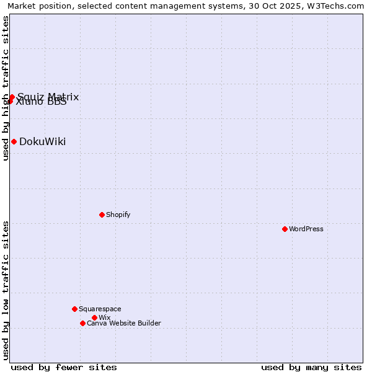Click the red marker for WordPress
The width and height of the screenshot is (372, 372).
(x=285, y=229)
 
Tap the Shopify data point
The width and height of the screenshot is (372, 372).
(x=102, y=215)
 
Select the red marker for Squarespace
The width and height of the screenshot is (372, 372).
(x=74, y=309)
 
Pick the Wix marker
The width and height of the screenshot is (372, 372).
(x=94, y=317)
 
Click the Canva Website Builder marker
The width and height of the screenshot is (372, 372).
(x=82, y=323)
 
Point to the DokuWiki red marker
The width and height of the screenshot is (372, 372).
(x=14, y=141)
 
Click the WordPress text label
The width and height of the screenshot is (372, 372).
(x=306, y=229)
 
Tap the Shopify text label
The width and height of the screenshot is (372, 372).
(x=118, y=215)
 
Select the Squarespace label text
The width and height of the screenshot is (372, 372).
(x=100, y=309)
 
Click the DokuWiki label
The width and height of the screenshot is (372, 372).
(x=42, y=141)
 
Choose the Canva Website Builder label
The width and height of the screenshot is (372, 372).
(x=124, y=323)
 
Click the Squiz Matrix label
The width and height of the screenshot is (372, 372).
(x=48, y=96)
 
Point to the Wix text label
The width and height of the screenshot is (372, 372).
(x=104, y=317)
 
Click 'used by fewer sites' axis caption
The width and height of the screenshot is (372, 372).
(x=64, y=367)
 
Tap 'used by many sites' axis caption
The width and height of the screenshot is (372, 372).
(x=311, y=367)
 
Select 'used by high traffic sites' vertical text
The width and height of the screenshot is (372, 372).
(x=6, y=88)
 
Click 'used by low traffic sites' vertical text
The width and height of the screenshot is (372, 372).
(x=6, y=290)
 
